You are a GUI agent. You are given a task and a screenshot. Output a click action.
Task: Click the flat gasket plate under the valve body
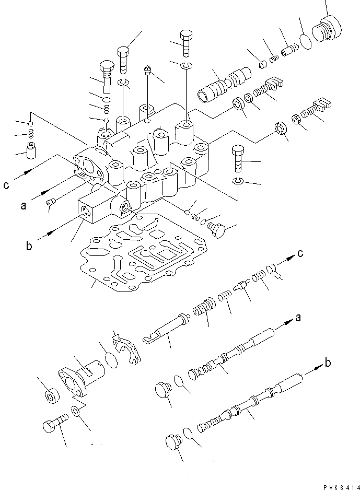[142, 251]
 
